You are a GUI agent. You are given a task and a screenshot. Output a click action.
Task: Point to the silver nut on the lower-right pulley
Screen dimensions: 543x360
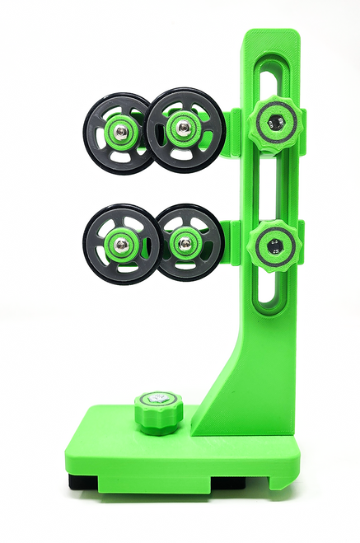[x=185, y=242]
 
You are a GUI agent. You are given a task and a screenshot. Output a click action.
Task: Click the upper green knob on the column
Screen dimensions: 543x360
[x=275, y=123]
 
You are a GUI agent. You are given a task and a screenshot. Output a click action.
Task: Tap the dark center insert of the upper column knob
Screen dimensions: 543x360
[x=275, y=123]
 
